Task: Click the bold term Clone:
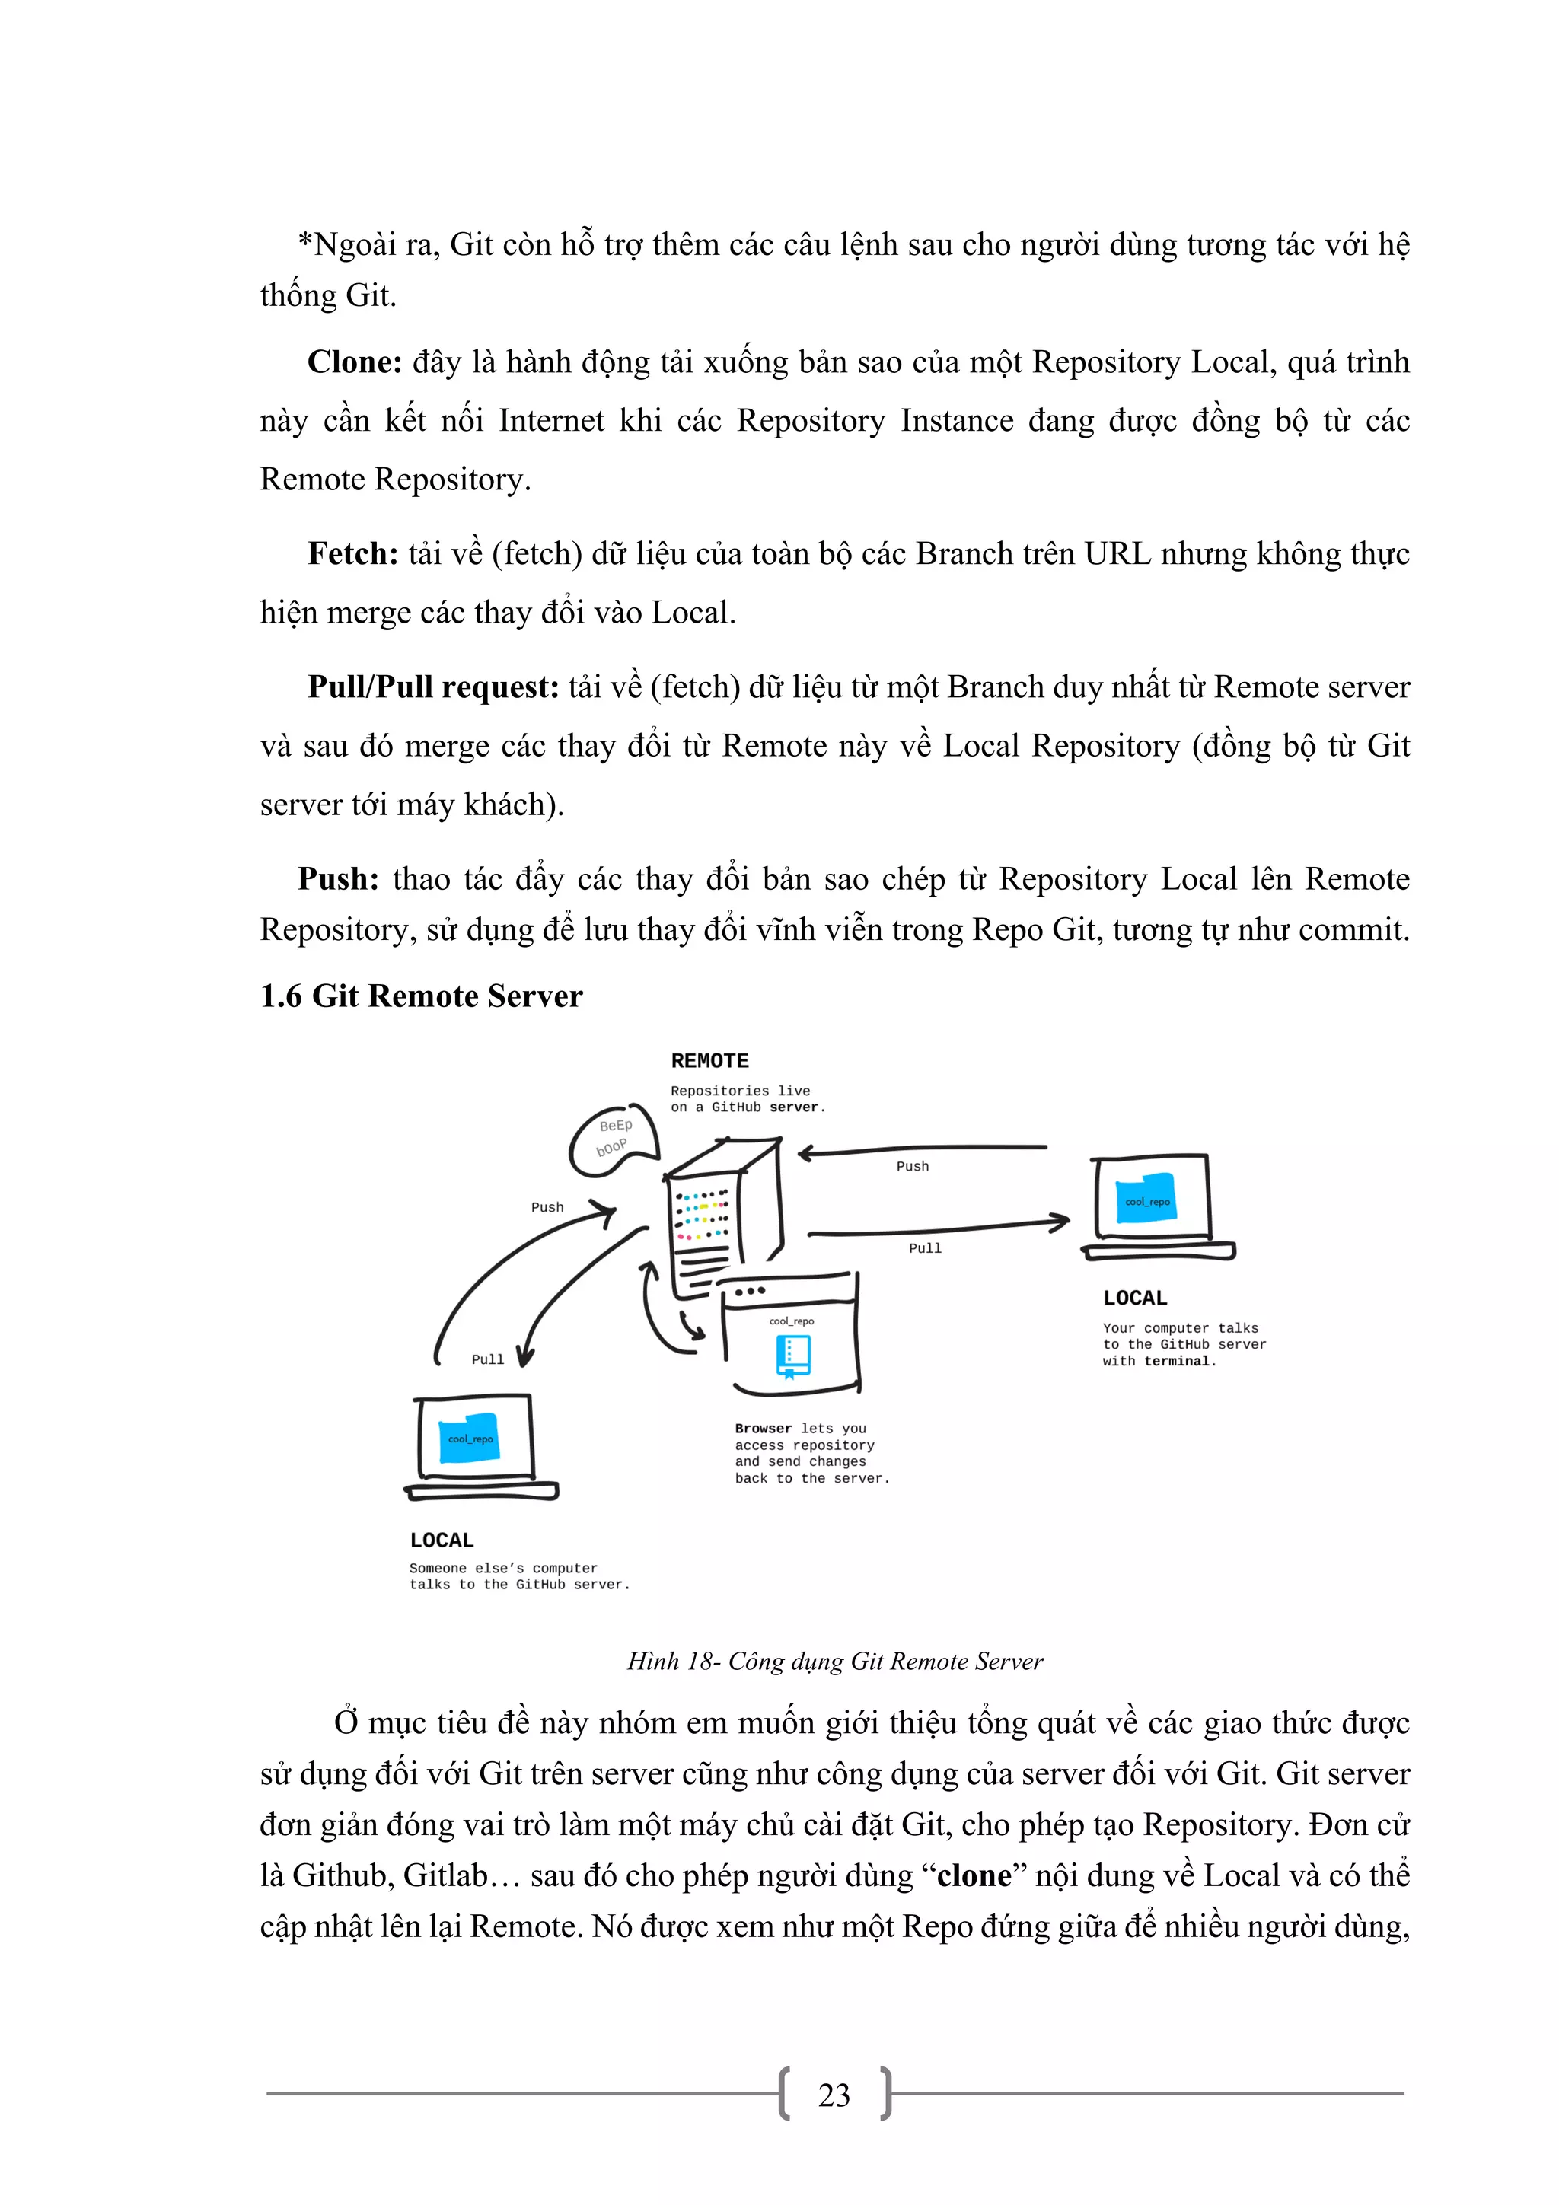tap(353, 362)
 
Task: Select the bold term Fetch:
tap(352, 554)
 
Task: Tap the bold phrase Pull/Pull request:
tap(432, 687)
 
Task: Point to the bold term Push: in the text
tap(337, 879)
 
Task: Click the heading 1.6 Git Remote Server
tap(421, 996)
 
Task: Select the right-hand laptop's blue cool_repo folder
tap(1147, 1200)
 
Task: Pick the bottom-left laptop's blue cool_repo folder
tap(470, 1438)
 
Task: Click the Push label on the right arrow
tap(912, 1166)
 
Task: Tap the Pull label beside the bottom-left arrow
tap(487, 1359)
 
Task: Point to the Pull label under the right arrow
tap(924, 1248)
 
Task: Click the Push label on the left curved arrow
tap(547, 1207)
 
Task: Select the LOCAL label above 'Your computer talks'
tap(1134, 1298)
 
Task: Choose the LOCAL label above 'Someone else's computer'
tap(441, 1541)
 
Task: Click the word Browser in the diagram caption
tap(763, 1428)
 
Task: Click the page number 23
tap(834, 2095)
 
